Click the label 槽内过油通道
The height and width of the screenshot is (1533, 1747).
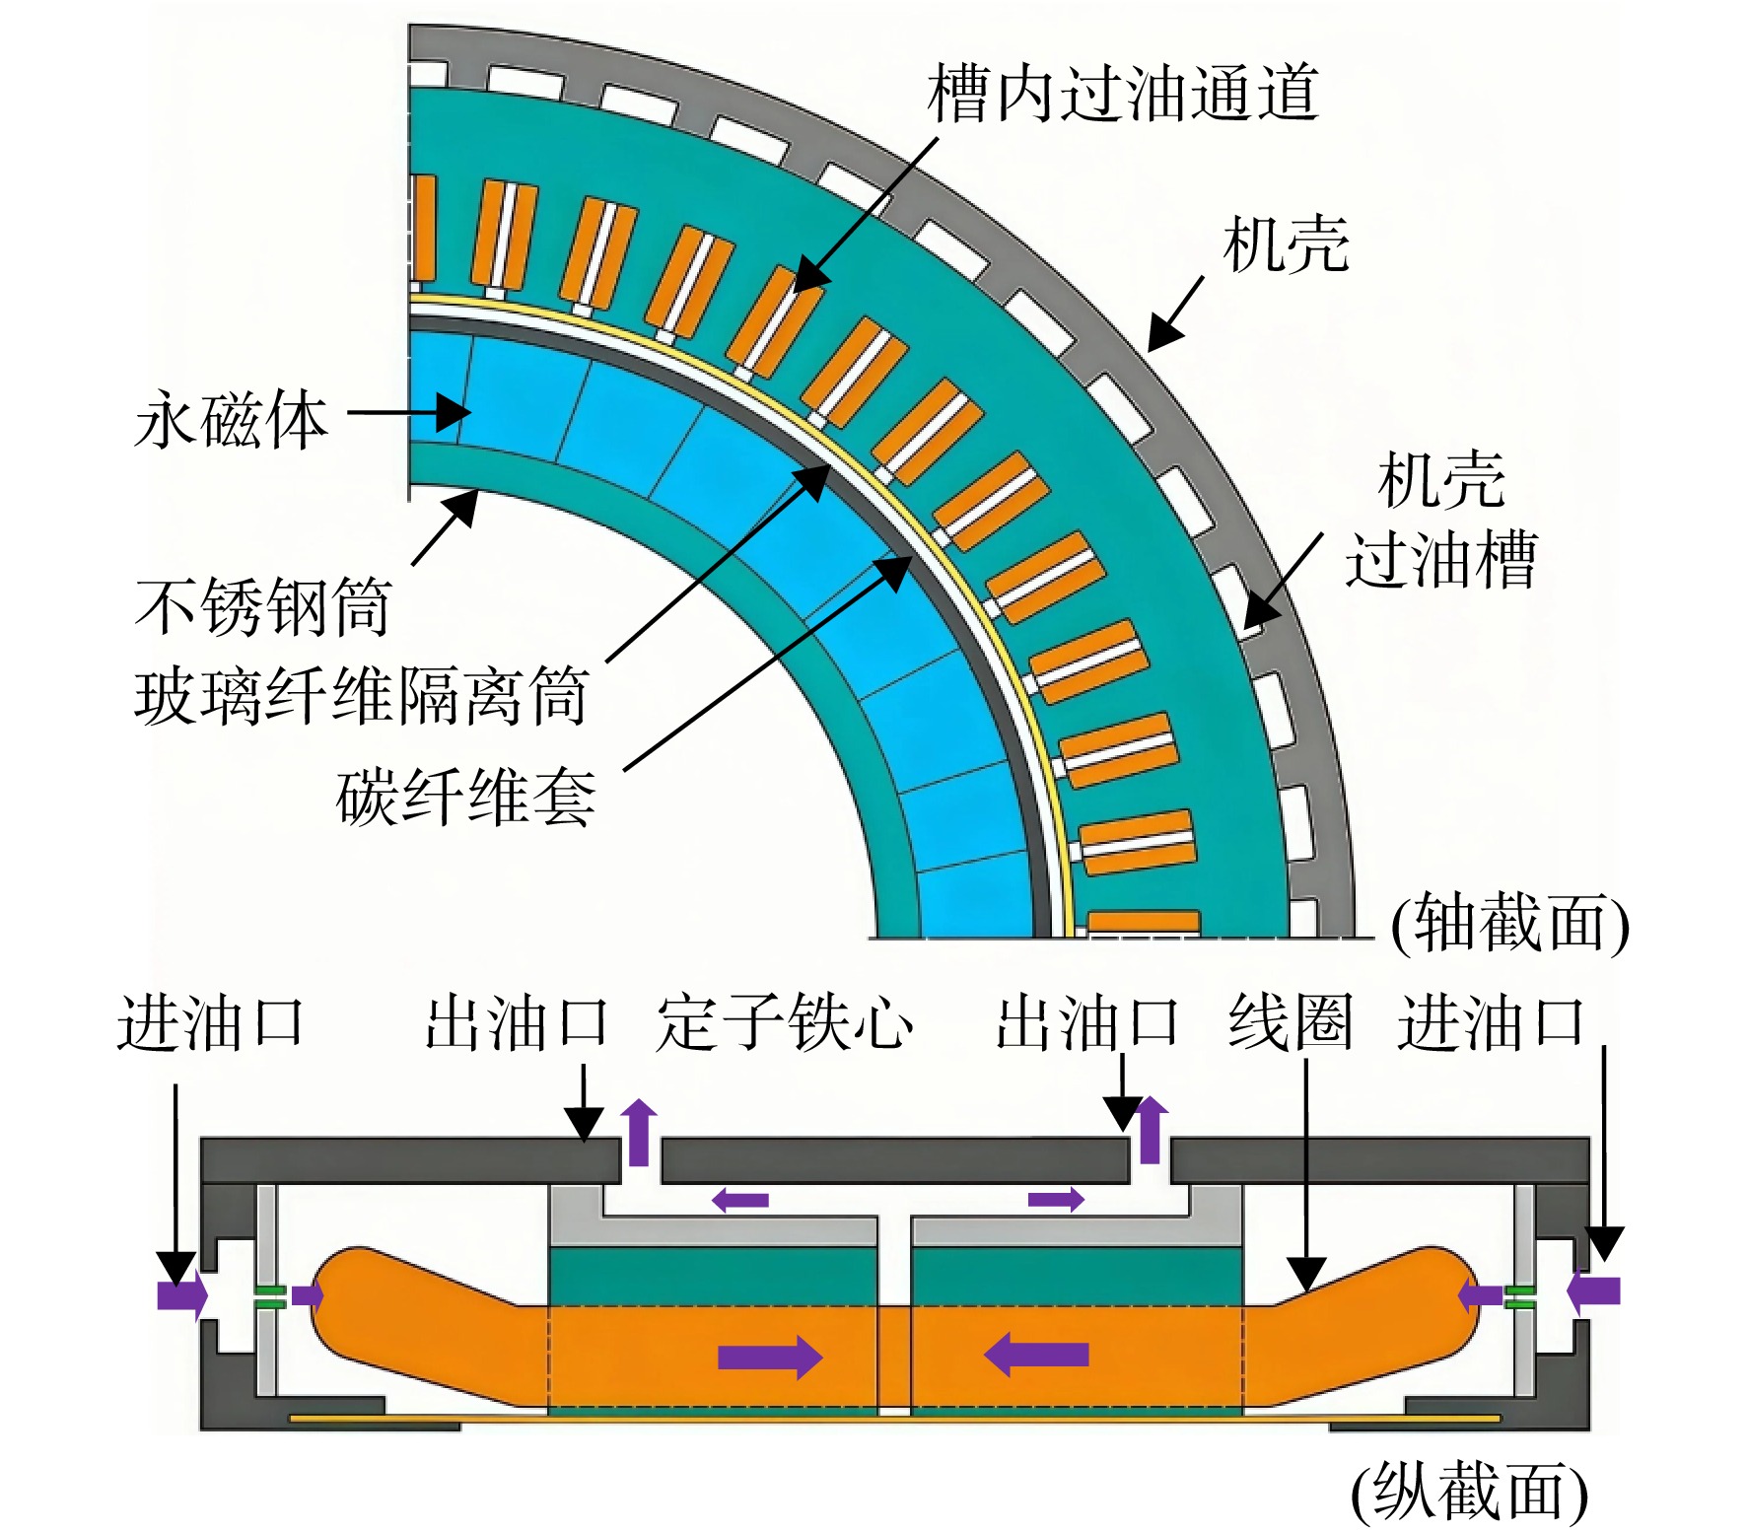pyautogui.click(x=1123, y=94)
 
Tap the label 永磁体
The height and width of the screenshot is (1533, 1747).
pyautogui.click(x=231, y=420)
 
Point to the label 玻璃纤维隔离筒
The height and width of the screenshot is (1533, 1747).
pyautogui.click(x=362, y=696)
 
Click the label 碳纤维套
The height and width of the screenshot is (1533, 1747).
pyautogui.click(x=466, y=797)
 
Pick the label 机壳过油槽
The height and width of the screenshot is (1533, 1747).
pyautogui.click(x=1441, y=520)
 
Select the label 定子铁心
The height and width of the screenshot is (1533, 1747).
pyautogui.click(x=785, y=1021)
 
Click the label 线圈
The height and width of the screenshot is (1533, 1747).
pyautogui.click(x=1290, y=1021)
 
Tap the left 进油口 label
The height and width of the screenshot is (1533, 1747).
pyautogui.click(x=211, y=1021)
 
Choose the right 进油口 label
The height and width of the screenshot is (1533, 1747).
pyautogui.click(x=1491, y=1021)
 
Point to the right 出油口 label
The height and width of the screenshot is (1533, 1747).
pyautogui.click(x=1087, y=1021)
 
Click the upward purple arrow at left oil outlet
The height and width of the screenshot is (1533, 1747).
pyautogui.click(x=639, y=1131)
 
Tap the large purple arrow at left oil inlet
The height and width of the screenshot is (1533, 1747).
pyautogui.click(x=182, y=1293)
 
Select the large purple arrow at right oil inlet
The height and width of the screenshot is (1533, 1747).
pyautogui.click(x=1593, y=1291)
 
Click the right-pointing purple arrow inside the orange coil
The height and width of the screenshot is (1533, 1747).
pyautogui.click(x=770, y=1357)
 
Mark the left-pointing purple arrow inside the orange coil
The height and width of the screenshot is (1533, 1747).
pyautogui.click(x=1036, y=1355)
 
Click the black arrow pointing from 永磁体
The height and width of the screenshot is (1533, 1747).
pyautogui.click(x=409, y=413)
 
